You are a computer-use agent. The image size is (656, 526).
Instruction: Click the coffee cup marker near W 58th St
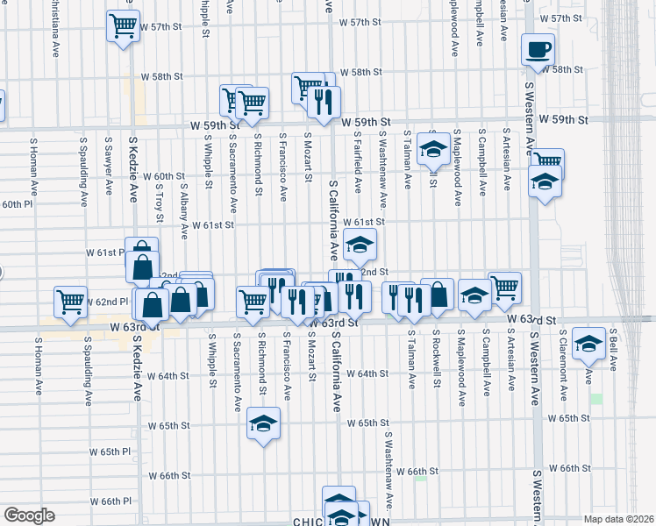click(x=537, y=51)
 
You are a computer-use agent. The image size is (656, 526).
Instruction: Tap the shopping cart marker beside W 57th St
click(x=124, y=25)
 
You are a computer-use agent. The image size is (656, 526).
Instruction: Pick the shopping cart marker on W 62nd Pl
click(x=71, y=302)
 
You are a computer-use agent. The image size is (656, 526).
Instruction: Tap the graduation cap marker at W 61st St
click(x=359, y=248)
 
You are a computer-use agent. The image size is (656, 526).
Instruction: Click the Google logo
click(x=28, y=515)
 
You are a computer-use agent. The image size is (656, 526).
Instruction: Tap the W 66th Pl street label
click(x=110, y=501)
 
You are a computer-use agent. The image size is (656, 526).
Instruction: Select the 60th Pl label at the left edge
click(x=16, y=204)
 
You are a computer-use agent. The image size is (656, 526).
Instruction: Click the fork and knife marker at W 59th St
click(x=324, y=103)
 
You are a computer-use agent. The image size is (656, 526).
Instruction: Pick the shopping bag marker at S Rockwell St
click(x=437, y=295)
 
